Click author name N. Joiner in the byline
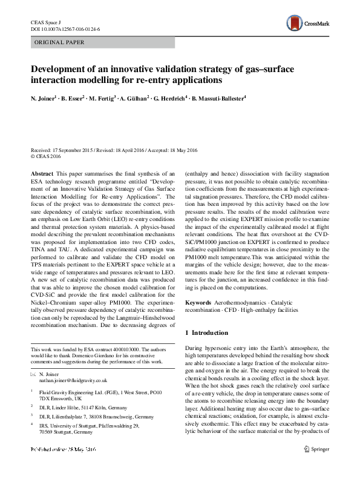pyautogui.click(x=43, y=97)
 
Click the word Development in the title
pyautogui.click(x=60, y=68)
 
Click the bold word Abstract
pyautogui.click(x=41, y=173)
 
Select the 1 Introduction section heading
pyautogui.click(x=206, y=333)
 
